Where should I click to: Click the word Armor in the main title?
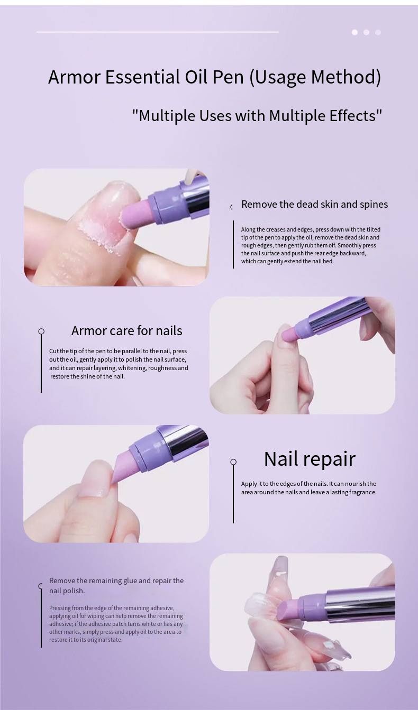click(x=74, y=77)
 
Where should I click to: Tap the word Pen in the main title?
click(x=228, y=77)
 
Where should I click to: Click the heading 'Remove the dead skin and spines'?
click(x=315, y=205)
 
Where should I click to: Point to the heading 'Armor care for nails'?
click(x=127, y=330)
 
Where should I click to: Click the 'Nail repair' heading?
click(x=310, y=459)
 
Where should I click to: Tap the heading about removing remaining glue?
click(x=116, y=585)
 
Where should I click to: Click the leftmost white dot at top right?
click(x=355, y=32)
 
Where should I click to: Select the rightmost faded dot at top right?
click(x=378, y=32)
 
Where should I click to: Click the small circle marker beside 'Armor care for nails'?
click(x=41, y=331)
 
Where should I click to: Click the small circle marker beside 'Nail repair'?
click(x=233, y=462)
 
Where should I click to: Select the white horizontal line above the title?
click(x=158, y=32)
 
